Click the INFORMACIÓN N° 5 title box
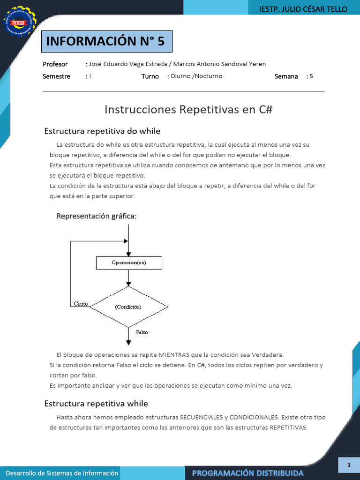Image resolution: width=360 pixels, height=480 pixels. pos(106,41)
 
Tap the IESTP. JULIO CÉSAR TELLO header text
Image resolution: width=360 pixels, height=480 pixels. pos(303,9)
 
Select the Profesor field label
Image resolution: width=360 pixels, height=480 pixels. pos(55,64)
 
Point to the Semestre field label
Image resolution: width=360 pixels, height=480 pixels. pos(56,76)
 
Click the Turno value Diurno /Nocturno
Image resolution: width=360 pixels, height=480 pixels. pos(196,76)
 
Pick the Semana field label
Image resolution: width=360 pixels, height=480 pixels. pos(286,76)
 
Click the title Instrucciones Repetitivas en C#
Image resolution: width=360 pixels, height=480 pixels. pos(188,109)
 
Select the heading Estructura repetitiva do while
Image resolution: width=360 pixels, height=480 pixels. pos(102,131)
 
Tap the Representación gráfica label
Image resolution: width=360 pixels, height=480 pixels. pos(97,216)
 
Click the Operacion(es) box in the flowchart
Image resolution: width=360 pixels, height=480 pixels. pos(129,263)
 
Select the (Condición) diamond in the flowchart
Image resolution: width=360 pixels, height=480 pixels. pos(128,307)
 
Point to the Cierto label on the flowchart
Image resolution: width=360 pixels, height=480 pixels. pos(81,304)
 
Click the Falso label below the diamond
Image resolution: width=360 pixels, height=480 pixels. pos(142,332)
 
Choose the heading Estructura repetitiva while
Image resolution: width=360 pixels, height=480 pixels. pos(96,404)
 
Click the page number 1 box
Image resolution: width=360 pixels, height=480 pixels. pos(349,465)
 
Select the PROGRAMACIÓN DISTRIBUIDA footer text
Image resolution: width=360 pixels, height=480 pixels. pos(247,473)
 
